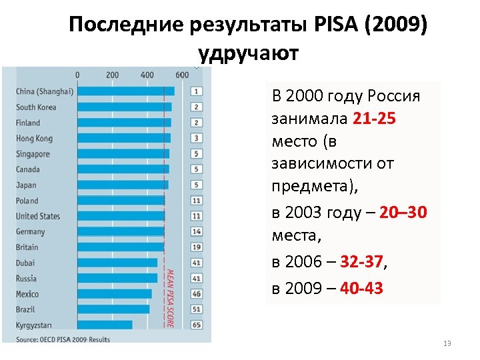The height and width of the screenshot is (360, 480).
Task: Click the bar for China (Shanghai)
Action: coord(126,91)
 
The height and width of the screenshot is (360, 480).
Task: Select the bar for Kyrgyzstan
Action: coord(105,325)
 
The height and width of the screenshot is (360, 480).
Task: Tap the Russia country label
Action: coord(27,279)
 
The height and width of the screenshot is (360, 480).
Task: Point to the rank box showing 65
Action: coord(197,325)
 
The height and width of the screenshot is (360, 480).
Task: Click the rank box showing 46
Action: coord(197,293)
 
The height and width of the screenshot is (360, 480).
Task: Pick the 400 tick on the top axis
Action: coord(147,75)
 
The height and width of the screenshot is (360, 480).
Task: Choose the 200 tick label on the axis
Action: coord(112,75)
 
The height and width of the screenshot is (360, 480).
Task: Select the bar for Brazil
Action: coord(113,309)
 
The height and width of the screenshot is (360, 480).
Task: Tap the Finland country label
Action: coord(28,123)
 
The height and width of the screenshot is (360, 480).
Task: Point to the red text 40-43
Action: coord(361,289)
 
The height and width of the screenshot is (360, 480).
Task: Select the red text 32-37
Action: coord(362,262)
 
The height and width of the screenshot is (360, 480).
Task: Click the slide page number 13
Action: coord(447,343)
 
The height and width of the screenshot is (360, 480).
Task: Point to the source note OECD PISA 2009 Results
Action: coord(63,339)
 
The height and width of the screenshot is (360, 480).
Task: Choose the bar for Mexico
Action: coord(115,294)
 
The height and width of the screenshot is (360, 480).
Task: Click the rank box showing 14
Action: coord(197,231)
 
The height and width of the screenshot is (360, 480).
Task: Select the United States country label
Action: coord(38,216)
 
